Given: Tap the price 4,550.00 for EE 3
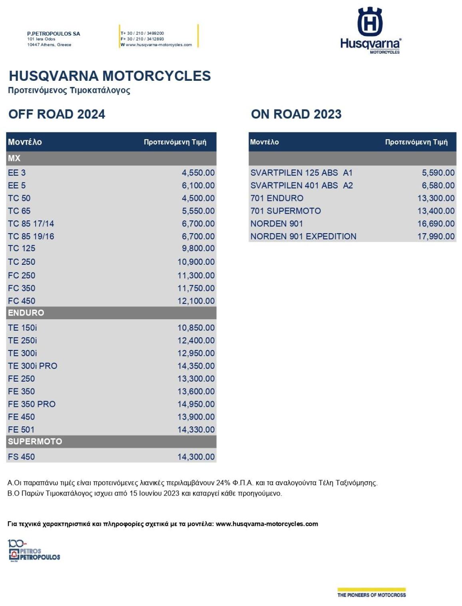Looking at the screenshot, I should pyautogui.click(x=198, y=173).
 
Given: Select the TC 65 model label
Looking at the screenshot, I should pyautogui.click(x=19, y=211).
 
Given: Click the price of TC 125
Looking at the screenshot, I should pyautogui.click(x=198, y=248).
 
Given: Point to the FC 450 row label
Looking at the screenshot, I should pyautogui.click(x=22, y=301).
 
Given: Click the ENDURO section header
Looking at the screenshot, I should pyautogui.click(x=26, y=313).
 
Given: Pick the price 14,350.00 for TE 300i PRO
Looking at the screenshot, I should pyautogui.click(x=196, y=366).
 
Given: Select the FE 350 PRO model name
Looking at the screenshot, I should pyautogui.click(x=32, y=404).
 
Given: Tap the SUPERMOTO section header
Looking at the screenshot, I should pyautogui.click(x=35, y=442).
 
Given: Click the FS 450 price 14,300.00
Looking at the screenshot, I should pyautogui.click(x=196, y=457).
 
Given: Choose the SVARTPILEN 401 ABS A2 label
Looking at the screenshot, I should pyautogui.click(x=301, y=186).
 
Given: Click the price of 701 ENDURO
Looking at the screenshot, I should pyautogui.click(x=436, y=198).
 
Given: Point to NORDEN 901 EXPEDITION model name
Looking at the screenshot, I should pyautogui.click(x=303, y=236).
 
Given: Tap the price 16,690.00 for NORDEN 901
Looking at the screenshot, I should pyautogui.click(x=436, y=224).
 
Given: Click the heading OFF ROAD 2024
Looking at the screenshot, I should pyautogui.click(x=57, y=114).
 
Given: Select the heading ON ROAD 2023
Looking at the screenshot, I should pyautogui.click(x=296, y=114).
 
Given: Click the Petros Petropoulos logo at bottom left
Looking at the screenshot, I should pyautogui.click(x=34, y=551).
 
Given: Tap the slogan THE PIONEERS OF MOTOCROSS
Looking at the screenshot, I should pyautogui.click(x=371, y=595).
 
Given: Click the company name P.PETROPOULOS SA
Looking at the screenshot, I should pyautogui.click(x=54, y=34).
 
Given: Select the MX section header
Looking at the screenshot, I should pyautogui.click(x=14, y=158).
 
